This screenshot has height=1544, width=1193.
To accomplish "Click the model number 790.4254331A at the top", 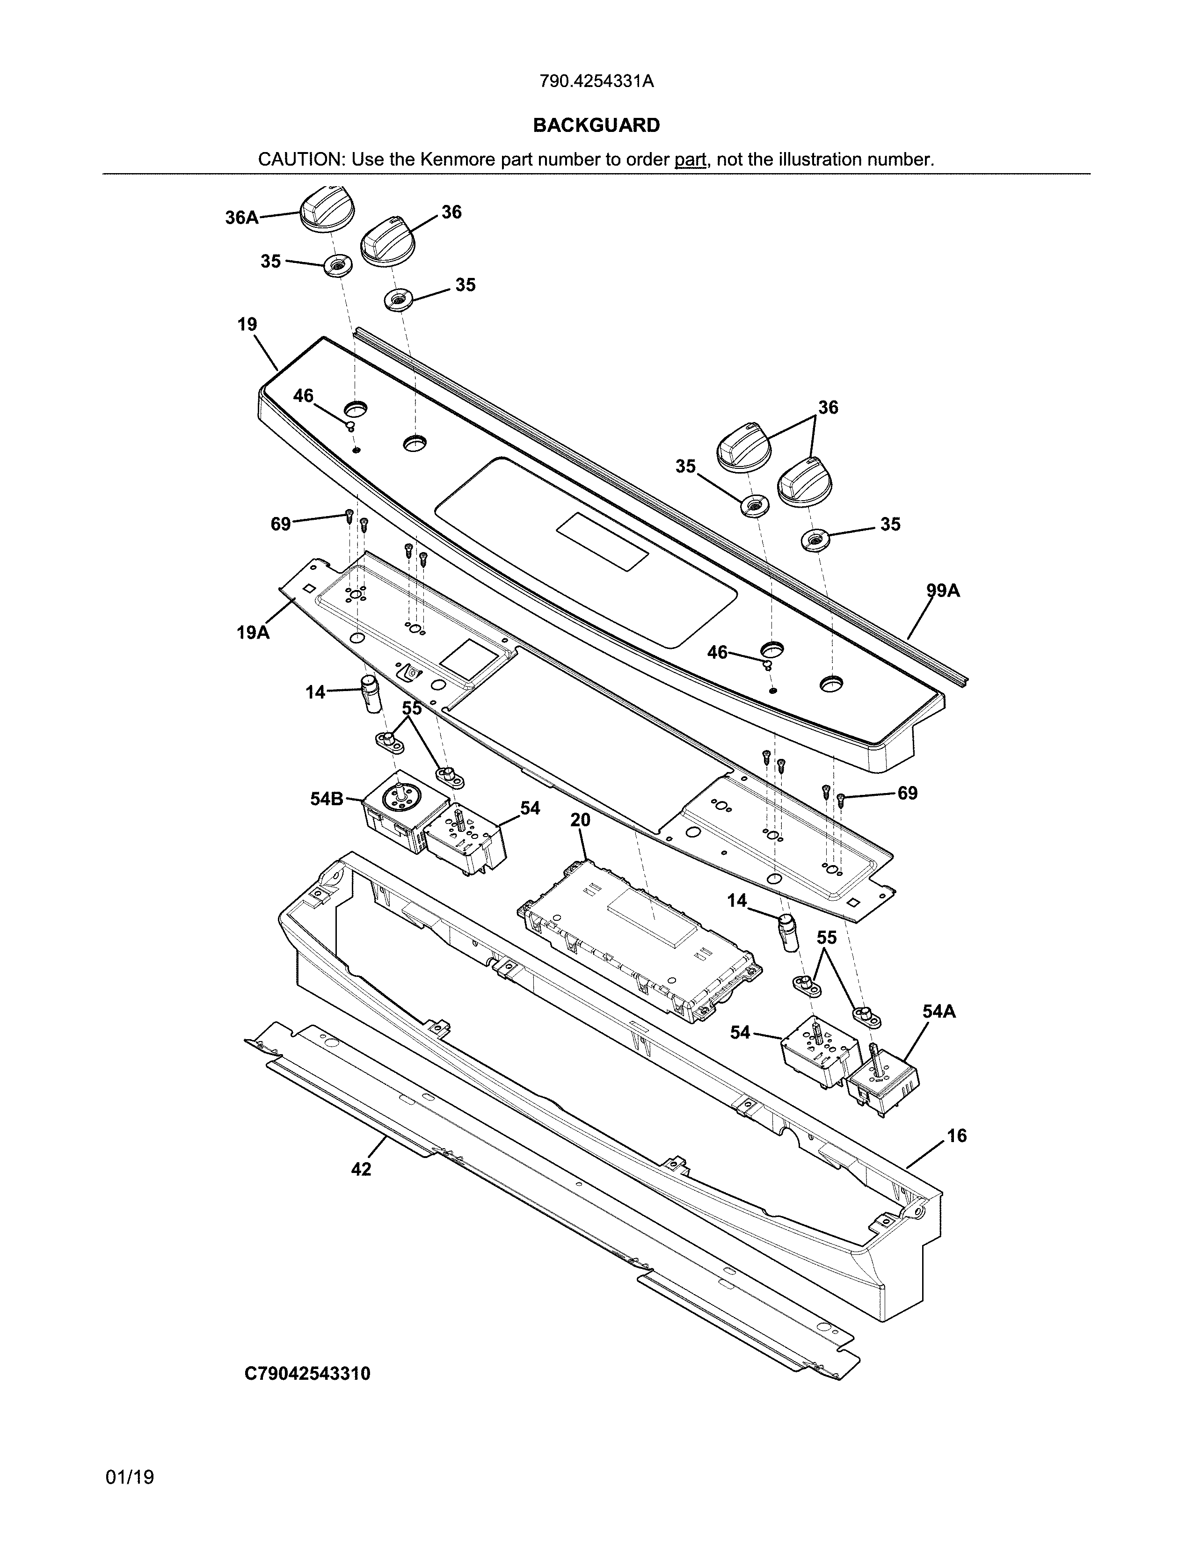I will pyautogui.click(x=596, y=81).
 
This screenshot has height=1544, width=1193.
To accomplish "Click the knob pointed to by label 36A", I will pyautogui.click(x=325, y=209).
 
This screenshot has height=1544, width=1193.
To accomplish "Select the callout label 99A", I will pyautogui.click(x=943, y=590).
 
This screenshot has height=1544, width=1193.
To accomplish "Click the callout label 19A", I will pyautogui.click(x=252, y=632).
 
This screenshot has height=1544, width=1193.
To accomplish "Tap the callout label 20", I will pyautogui.click(x=580, y=820).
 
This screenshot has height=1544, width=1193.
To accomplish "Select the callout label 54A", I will pyautogui.click(x=938, y=1012).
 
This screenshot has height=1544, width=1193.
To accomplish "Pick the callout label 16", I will pyautogui.click(x=956, y=1136).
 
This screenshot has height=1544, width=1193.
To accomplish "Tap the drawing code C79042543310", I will pyautogui.click(x=307, y=1374).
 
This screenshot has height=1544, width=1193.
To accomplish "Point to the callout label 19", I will pyautogui.click(x=247, y=325).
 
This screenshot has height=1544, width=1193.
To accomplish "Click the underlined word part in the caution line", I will pyautogui.click(x=690, y=159).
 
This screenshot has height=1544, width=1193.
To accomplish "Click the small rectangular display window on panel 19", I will pyautogui.click(x=602, y=541).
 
